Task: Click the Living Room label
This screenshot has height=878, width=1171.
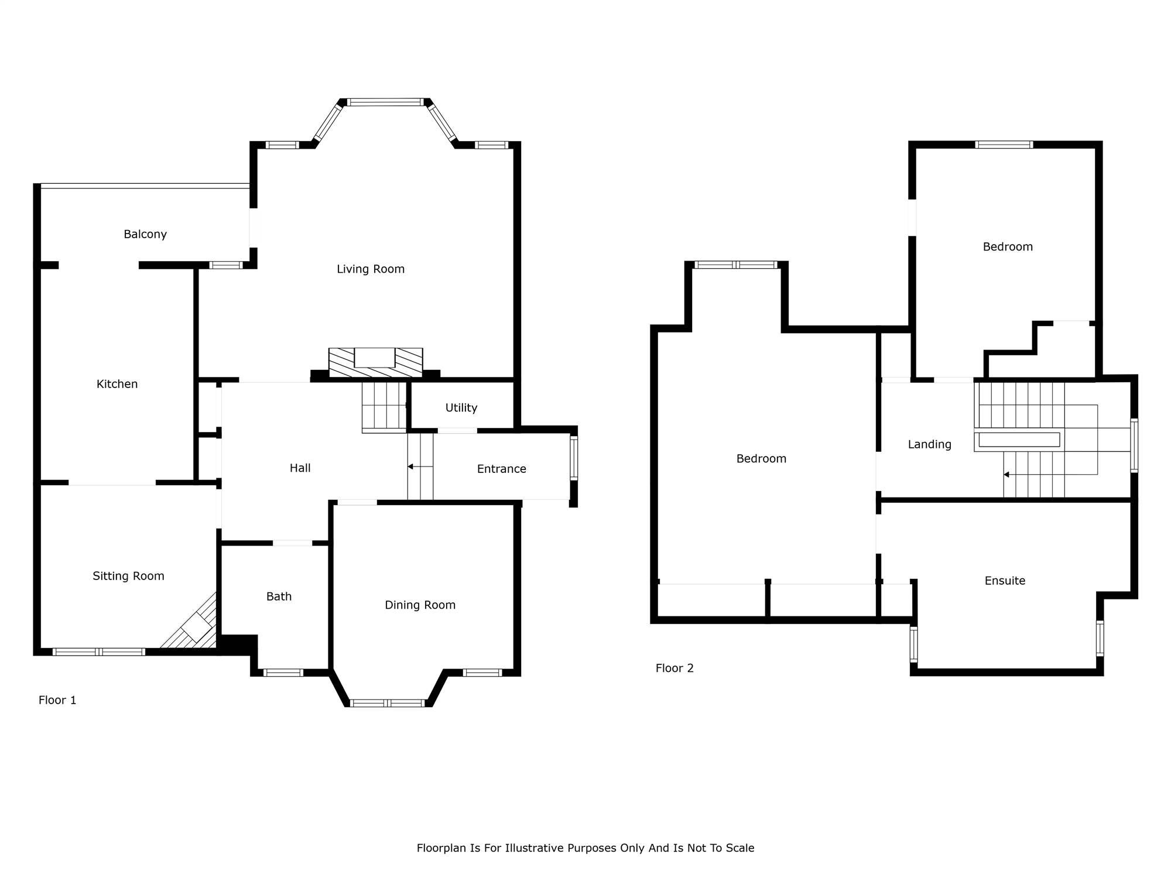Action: (371, 269)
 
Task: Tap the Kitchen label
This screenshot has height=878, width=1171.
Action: (117, 384)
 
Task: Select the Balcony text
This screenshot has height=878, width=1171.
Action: (145, 234)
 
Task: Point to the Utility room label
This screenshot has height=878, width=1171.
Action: (461, 408)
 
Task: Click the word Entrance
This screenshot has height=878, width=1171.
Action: (502, 469)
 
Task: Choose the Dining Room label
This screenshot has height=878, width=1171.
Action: (420, 605)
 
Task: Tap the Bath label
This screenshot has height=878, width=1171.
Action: (279, 596)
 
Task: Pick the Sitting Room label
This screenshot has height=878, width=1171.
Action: (128, 576)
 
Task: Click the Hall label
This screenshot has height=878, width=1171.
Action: (300, 468)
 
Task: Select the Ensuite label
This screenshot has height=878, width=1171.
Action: (1005, 581)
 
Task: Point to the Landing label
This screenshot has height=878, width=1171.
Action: (930, 444)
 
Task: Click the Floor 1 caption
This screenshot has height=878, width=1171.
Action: (57, 700)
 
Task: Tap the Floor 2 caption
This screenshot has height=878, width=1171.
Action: (674, 668)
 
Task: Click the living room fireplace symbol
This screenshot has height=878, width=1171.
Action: (375, 362)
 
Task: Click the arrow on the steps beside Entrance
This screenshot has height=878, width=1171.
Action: (420, 467)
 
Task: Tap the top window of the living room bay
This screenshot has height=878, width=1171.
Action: (385, 102)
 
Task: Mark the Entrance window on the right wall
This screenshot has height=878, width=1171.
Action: (574, 458)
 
